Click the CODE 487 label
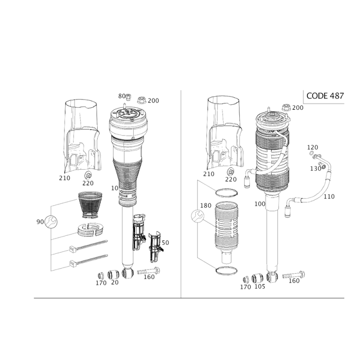[x=325, y=96]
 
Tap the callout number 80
[x=121, y=96]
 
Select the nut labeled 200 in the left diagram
[x=142, y=100]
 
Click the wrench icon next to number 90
[x=51, y=221]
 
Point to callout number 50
[x=165, y=243]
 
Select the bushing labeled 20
[x=113, y=274]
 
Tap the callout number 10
[x=115, y=188]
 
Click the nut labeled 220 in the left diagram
[x=88, y=175]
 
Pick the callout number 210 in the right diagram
[x=208, y=174]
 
